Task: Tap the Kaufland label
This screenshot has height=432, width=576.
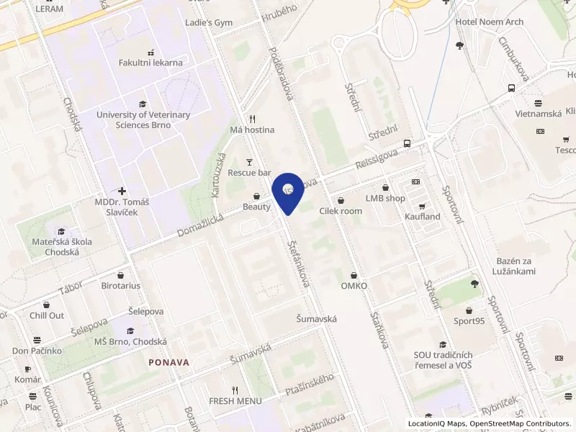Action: (x=423, y=216)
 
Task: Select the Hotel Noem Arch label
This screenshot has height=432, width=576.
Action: (x=490, y=22)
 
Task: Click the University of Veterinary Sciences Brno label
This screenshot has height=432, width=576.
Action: (x=143, y=120)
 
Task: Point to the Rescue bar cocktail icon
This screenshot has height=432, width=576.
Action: (x=249, y=162)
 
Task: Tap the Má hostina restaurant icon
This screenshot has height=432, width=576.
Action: (x=252, y=119)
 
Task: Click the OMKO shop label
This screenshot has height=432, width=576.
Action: (x=354, y=286)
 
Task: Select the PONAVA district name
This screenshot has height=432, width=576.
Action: (x=169, y=362)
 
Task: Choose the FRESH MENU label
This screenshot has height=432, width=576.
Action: (x=235, y=400)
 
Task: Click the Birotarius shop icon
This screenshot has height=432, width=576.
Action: (x=120, y=274)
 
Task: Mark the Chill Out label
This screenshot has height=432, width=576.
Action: (x=47, y=315)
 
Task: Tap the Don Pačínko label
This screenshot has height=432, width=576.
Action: (x=37, y=351)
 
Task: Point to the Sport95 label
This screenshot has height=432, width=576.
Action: (x=469, y=321)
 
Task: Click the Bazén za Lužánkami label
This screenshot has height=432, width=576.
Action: (x=516, y=266)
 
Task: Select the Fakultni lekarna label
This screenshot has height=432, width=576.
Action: (x=150, y=63)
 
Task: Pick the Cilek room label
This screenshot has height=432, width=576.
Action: (x=341, y=211)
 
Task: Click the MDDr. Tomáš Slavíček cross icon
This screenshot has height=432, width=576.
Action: (x=122, y=192)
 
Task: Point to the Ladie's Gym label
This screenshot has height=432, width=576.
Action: (x=209, y=22)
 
